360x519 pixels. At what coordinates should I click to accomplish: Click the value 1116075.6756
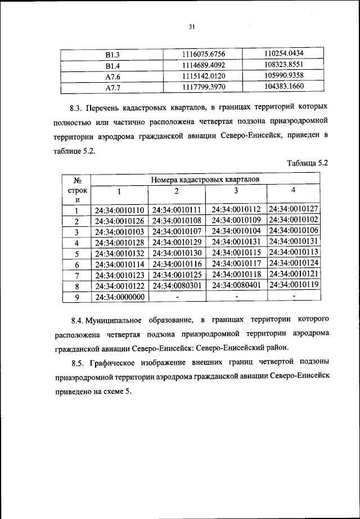coord(204,54)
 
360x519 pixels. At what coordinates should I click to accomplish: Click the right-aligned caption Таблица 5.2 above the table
coord(307,163)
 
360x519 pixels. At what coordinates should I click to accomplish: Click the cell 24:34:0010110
coord(120,210)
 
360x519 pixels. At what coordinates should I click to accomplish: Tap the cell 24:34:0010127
coord(294,209)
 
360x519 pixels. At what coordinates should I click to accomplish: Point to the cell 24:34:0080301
coord(177,286)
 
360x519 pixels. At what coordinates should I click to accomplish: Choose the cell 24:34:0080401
coord(235,286)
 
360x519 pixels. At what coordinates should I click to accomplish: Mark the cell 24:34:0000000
coord(120,297)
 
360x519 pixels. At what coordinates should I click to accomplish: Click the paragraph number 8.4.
coord(79,320)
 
